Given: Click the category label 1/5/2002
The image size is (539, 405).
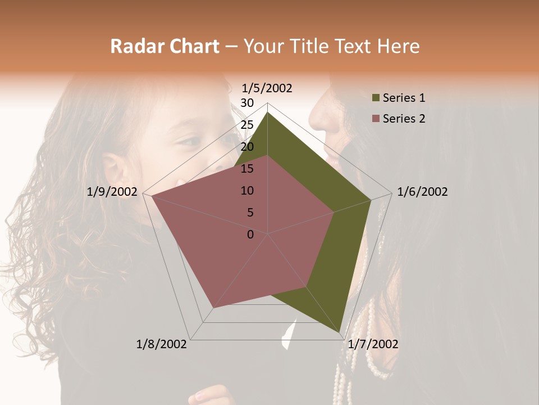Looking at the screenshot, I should (267, 88).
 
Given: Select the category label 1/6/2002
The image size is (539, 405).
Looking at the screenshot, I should (422, 192).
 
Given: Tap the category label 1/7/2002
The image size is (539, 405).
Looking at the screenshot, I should (373, 344).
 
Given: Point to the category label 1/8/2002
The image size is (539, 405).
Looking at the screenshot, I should (162, 344).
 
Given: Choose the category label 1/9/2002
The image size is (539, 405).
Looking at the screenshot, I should (112, 192).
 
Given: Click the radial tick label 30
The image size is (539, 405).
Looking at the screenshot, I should (247, 103).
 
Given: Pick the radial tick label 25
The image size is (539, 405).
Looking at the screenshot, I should (247, 125).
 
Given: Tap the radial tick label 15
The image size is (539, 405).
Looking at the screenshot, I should (247, 169).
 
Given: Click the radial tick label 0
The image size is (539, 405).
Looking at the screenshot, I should (250, 235).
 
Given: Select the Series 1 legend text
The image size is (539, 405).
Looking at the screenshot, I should (404, 98).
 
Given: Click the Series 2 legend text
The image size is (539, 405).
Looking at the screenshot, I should (404, 119).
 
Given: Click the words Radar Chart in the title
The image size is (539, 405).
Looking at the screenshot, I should (165, 46).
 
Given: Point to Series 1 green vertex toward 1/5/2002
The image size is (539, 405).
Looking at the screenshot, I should (268, 112).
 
